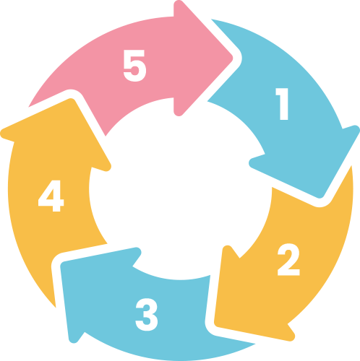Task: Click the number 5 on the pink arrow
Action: point(134,66)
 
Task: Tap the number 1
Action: point(282,104)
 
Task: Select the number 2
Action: point(288,259)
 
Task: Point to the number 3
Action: point(147,315)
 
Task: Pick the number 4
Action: point(51,196)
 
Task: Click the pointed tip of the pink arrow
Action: point(233,58)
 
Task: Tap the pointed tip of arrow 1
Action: point(320,197)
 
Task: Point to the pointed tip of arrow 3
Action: point(61,264)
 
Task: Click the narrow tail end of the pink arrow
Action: point(28,107)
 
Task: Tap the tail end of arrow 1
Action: point(212,19)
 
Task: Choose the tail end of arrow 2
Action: point(351,166)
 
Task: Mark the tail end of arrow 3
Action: point(255,344)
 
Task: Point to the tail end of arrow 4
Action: point(56,308)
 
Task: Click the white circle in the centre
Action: point(180,188)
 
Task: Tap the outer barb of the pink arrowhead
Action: point(179,4)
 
